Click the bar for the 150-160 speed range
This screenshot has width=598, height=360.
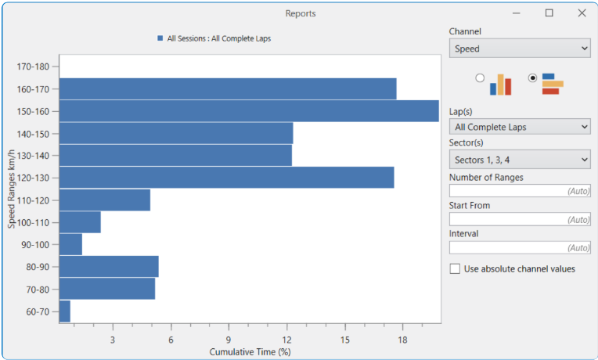pyautogui.click(x=249, y=111)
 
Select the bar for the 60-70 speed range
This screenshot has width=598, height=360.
pyautogui.click(x=65, y=311)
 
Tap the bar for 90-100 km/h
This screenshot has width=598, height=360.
pyautogui.click(x=70, y=245)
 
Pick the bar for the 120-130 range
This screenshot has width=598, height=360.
pyautogui.click(x=226, y=178)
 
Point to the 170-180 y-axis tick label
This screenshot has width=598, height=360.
pyautogui.click(x=32, y=67)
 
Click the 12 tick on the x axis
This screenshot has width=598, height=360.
pyautogui.click(x=286, y=340)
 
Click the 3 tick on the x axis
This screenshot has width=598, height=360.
pyautogui.click(x=113, y=340)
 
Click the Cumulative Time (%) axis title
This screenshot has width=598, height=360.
pyautogui.click(x=250, y=352)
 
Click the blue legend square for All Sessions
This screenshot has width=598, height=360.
pyautogui.click(x=160, y=38)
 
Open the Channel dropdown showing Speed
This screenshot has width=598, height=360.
pyautogui.click(x=520, y=49)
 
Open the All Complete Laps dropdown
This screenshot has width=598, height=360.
pyautogui.click(x=520, y=127)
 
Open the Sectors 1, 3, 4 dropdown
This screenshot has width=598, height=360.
pyautogui.click(x=520, y=160)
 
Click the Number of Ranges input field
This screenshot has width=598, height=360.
pyautogui.click(x=520, y=191)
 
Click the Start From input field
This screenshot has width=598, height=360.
pyautogui.click(x=520, y=220)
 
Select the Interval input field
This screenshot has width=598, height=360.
pyautogui.click(x=520, y=248)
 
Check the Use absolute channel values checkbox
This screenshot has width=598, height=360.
pyautogui.click(x=456, y=269)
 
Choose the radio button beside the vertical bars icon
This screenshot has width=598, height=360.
pyautogui.click(x=480, y=78)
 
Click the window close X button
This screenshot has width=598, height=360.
pyautogui.click(x=582, y=13)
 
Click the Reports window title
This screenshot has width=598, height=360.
pyautogui.click(x=301, y=13)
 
